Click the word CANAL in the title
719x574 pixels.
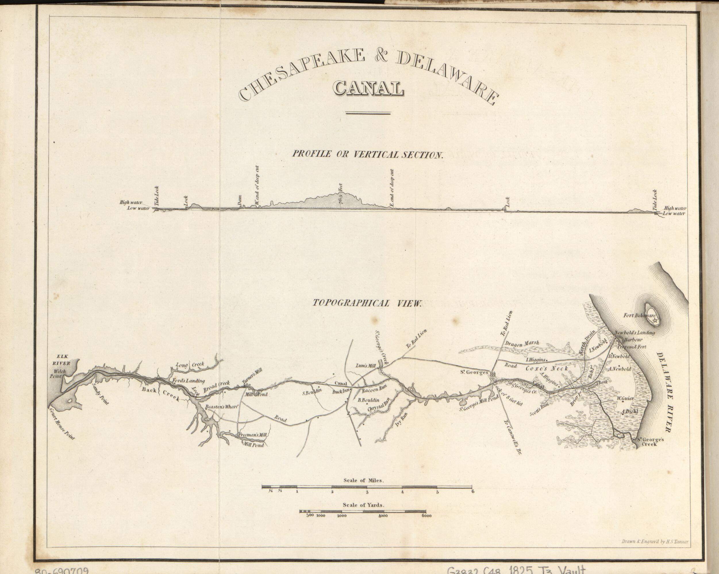click(368, 88)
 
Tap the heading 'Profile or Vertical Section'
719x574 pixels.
click(368, 154)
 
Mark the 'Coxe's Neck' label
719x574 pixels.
click(547, 368)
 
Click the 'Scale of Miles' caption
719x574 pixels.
click(364, 481)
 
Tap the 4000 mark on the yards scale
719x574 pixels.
click(383, 516)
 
